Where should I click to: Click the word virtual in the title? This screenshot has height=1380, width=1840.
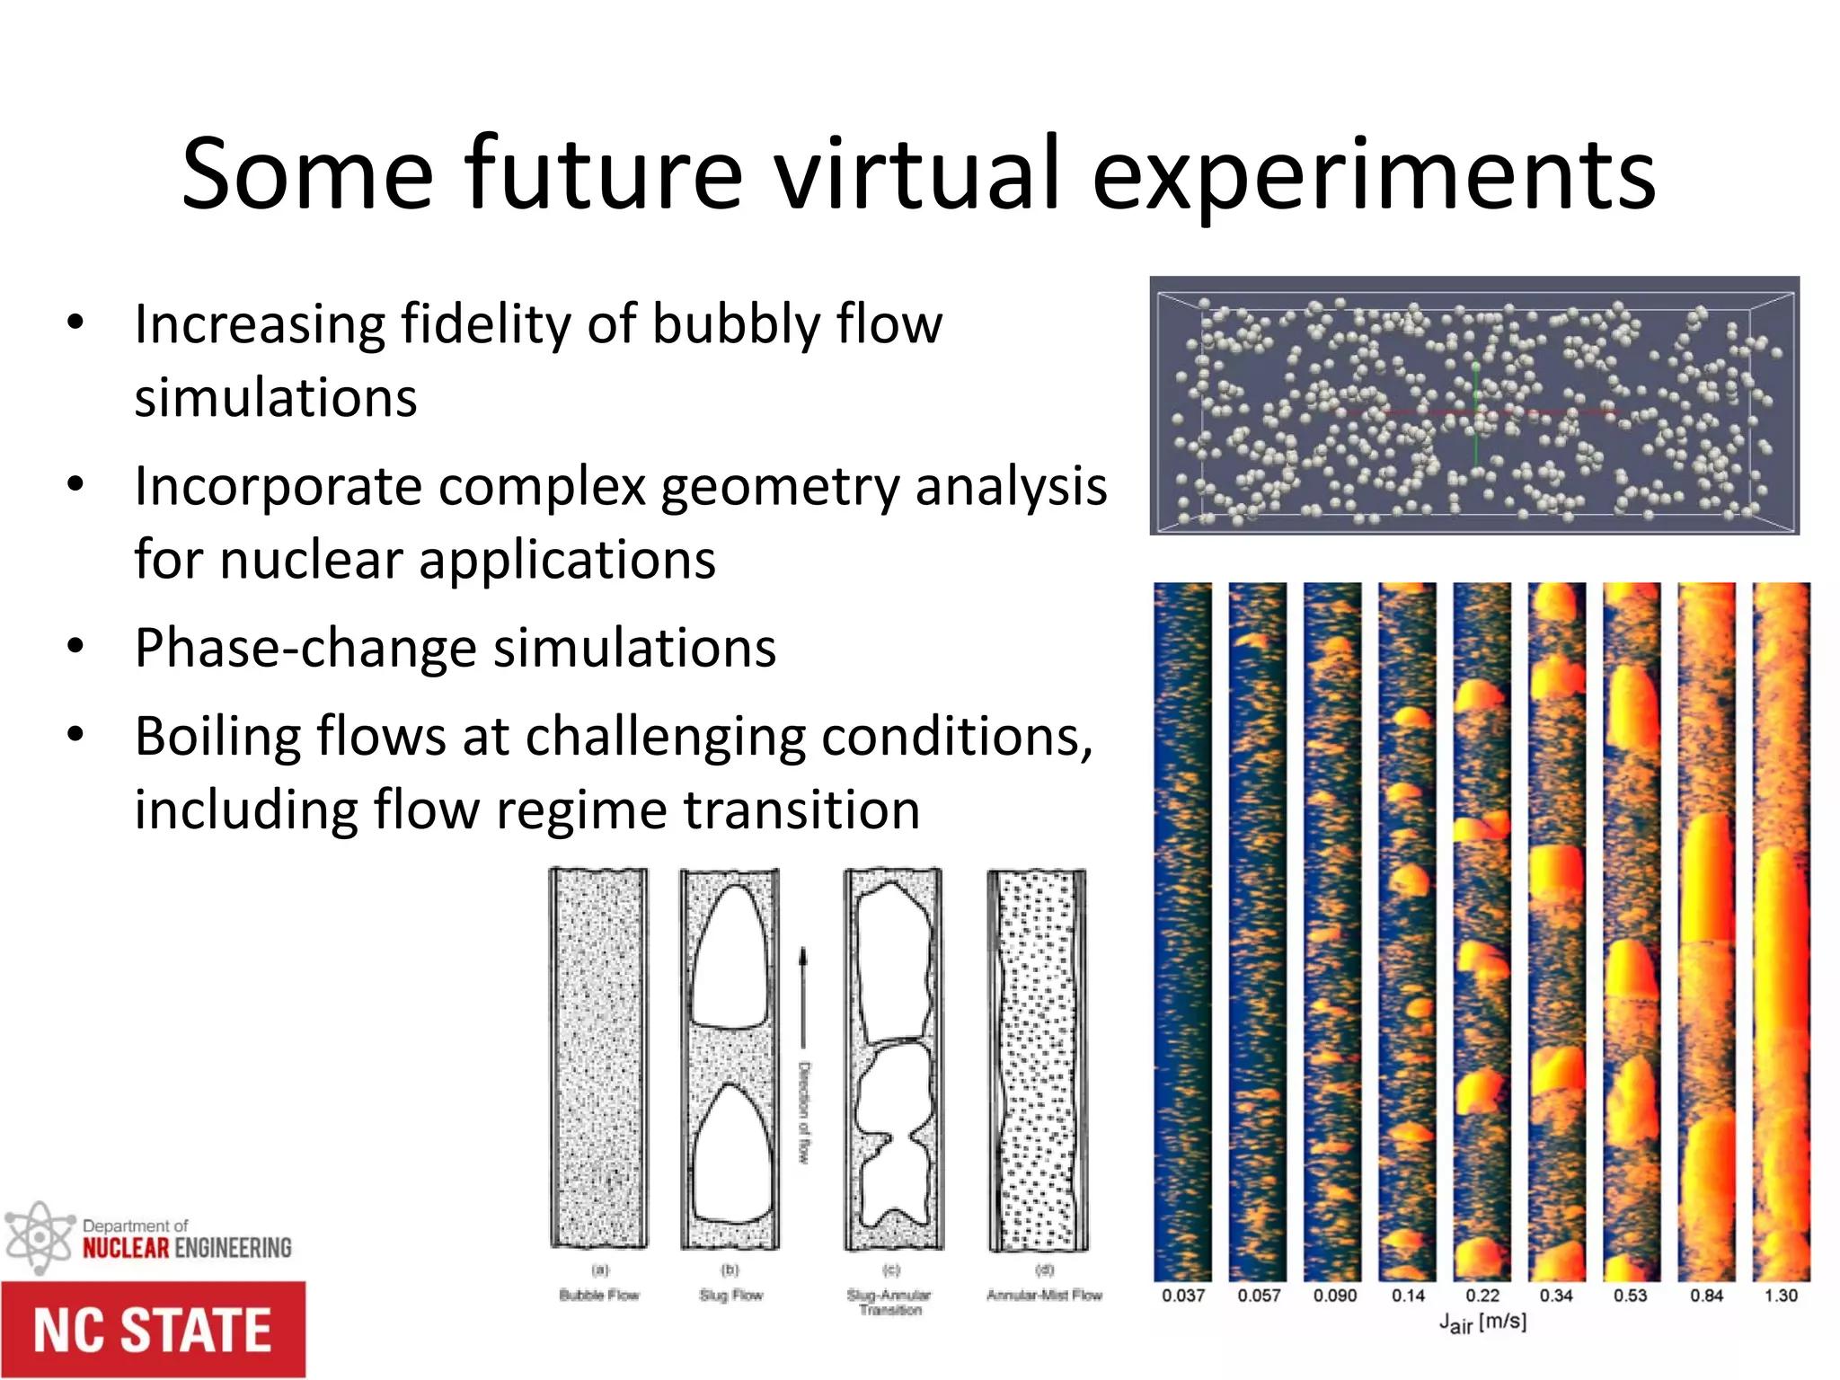(x=916, y=172)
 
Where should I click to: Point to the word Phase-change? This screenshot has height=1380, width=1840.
(x=305, y=648)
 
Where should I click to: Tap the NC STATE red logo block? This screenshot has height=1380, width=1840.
(x=153, y=1330)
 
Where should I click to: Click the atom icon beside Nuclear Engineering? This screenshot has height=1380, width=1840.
(x=38, y=1238)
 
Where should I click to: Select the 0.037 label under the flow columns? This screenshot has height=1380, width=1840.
(x=1182, y=1296)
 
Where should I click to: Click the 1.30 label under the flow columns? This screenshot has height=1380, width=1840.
(x=1781, y=1296)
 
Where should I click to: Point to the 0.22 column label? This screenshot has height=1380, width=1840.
(x=1482, y=1296)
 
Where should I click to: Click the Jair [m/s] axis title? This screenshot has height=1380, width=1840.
(x=1482, y=1322)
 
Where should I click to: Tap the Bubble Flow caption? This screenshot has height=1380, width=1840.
(x=599, y=1295)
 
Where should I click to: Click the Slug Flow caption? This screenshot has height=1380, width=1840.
(x=730, y=1295)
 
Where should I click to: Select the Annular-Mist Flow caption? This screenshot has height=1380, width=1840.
(x=1044, y=1295)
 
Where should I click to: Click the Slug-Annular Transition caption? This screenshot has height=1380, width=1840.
(x=889, y=1302)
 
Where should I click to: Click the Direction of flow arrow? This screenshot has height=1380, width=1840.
(x=804, y=997)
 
